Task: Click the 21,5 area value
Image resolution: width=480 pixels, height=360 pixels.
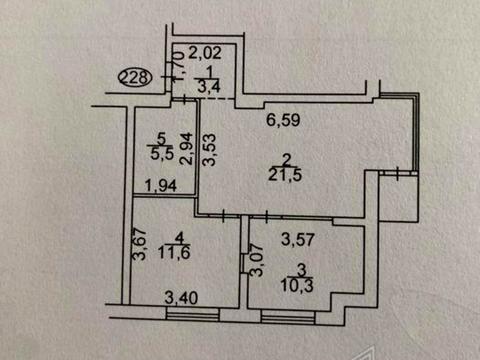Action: coord(290,175)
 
